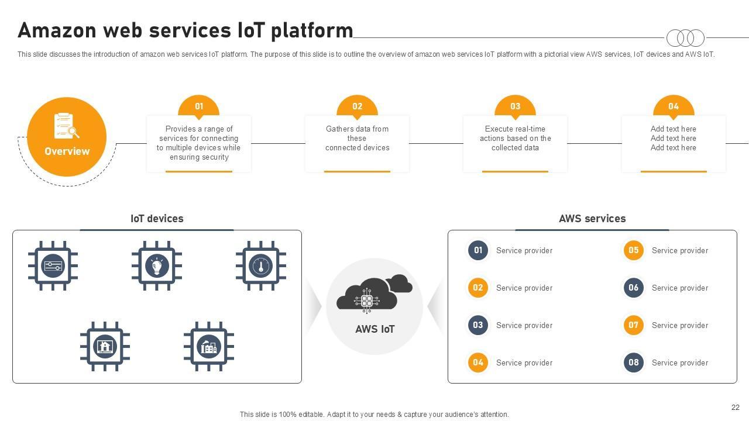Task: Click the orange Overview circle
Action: click(x=67, y=137)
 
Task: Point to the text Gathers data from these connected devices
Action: click(x=357, y=139)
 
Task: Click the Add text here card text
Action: click(x=674, y=139)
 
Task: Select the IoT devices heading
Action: click(x=157, y=219)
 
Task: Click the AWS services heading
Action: click(x=592, y=219)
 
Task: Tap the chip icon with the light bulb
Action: click(x=157, y=265)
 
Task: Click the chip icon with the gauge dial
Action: click(x=261, y=265)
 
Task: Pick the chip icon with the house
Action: click(x=105, y=347)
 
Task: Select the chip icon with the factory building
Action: click(x=209, y=347)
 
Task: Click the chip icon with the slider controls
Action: click(x=53, y=265)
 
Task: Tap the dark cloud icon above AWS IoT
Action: click(x=374, y=294)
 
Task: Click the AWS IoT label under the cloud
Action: click(x=375, y=329)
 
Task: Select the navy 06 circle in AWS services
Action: click(x=633, y=288)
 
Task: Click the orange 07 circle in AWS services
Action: click(x=633, y=325)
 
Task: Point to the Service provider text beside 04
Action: click(x=524, y=363)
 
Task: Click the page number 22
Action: click(x=736, y=408)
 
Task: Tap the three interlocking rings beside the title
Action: click(x=685, y=38)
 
